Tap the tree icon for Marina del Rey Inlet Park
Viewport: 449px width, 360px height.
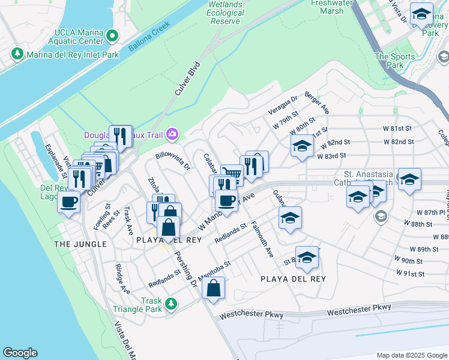[x=17, y=55]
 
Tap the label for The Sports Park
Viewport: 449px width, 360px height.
[x=394, y=61]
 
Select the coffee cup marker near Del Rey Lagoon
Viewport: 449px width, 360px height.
[x=69, y=202]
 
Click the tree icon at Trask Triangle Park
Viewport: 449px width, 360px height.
[x=170, y=304]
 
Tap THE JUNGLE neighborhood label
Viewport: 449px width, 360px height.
[x=80, y=244]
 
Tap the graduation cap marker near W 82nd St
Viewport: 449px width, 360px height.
[x=302, y=146]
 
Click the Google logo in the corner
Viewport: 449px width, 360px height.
[x=20, y=352]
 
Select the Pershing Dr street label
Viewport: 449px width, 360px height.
[x=185, y=268]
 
